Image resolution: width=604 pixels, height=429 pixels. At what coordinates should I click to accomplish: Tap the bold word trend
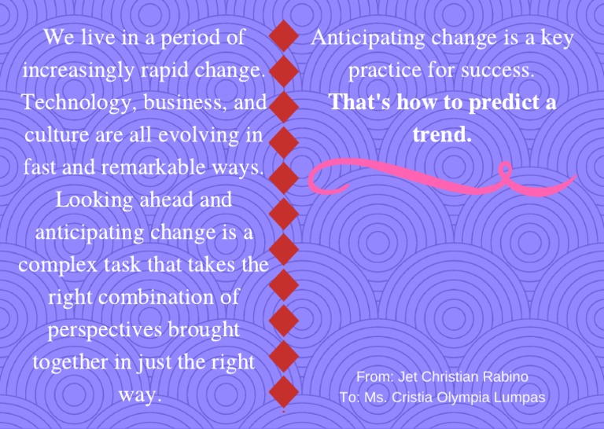pos(441,135)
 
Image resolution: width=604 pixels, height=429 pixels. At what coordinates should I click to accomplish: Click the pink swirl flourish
pos(409,178)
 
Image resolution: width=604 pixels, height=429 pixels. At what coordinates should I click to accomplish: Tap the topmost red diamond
pos(283,37)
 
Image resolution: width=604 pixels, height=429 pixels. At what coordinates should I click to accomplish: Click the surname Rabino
pos(507,377)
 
